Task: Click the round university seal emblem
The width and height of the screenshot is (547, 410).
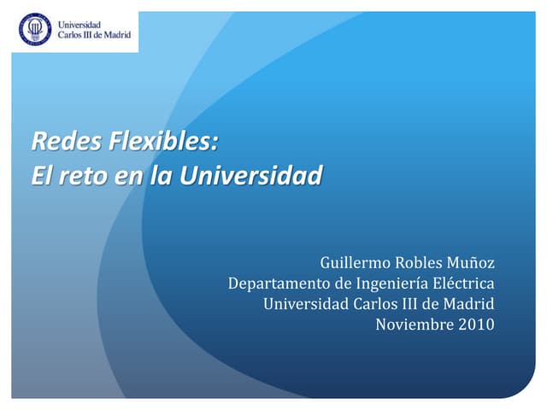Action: click(35, 29)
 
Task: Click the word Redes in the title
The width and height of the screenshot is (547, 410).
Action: click(67, 141)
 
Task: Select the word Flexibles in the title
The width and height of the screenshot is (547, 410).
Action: click(163, 141)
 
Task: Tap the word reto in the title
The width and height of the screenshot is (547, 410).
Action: click(83, 175)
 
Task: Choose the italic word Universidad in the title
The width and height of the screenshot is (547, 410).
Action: click(251, 174)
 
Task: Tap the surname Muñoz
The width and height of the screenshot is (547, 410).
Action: click(471, 263)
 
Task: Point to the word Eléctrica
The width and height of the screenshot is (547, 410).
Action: click(463, 283)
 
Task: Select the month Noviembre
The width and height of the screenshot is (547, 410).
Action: click(415, 325)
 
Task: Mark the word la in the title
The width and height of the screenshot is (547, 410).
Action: click(162, 174)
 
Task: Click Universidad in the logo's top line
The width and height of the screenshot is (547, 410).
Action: click(79, 25)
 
